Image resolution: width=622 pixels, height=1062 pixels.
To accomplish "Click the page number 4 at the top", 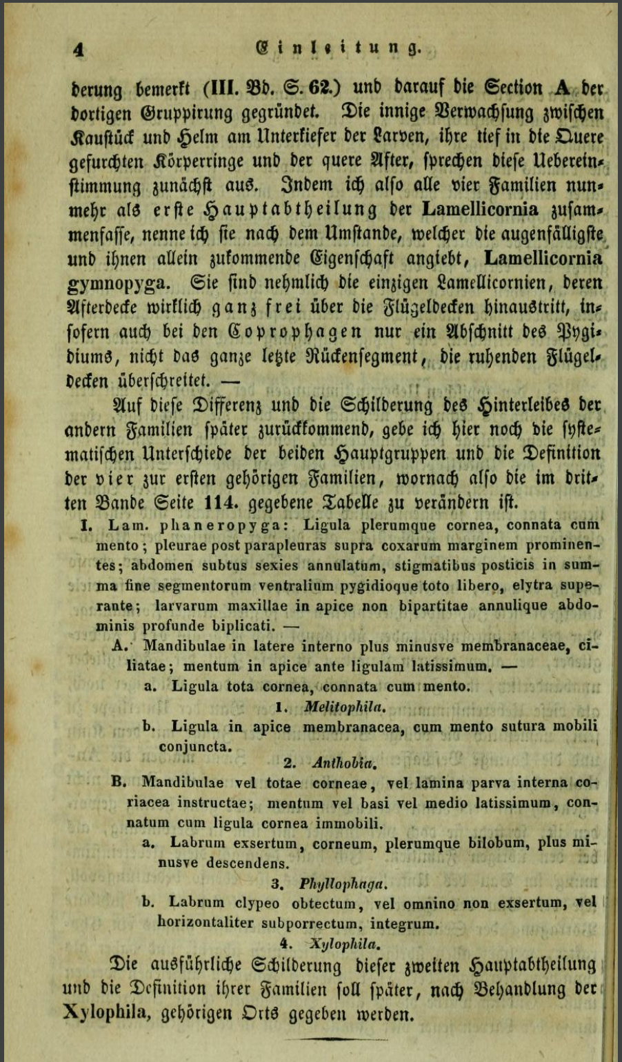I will coord(81,49).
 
